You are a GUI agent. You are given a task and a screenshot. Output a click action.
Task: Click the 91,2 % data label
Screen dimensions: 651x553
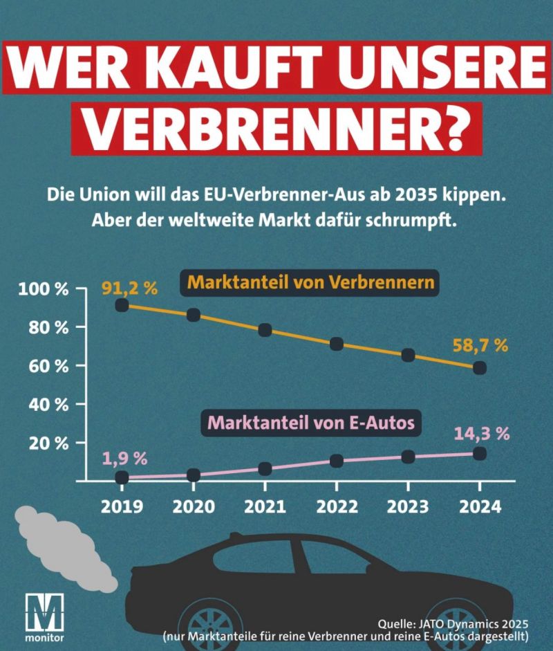click(x=129, y=287)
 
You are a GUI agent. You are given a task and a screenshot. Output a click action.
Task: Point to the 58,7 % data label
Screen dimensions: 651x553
click(x=480, y=345)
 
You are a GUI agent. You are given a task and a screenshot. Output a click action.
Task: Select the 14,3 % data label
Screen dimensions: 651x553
click(x=482, y=434)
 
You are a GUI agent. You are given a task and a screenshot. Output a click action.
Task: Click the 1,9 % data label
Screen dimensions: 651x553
click(x=125, y=457)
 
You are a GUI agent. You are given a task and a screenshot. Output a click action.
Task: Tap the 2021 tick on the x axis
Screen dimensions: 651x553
click(x=265, y=506)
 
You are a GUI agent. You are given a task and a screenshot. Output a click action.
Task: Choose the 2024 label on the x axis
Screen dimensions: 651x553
click(x=480, y=506)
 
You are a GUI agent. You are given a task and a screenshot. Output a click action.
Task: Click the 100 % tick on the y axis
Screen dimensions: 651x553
click(x=44, y=288)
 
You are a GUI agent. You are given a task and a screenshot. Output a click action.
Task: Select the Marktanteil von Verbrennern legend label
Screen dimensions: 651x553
click(x=310, y=283)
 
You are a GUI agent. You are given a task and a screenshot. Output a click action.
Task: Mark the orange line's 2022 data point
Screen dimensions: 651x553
click(x=337, y=344)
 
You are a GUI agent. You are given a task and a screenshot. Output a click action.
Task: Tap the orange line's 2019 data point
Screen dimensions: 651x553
click(x=122, y=305)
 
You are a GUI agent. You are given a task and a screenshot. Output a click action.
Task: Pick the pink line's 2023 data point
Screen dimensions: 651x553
click(x=408, y=457)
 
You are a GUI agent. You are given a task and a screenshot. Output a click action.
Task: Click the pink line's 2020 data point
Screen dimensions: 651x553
click(x=194, y=475)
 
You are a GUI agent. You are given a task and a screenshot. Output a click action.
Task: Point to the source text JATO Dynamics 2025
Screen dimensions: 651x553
click(x=467, y=622)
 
